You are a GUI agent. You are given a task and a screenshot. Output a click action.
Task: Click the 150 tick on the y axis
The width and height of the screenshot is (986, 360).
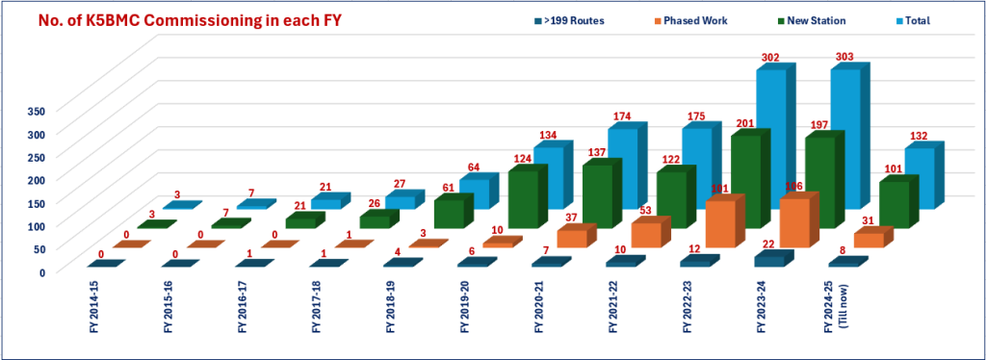click(x=37, y=202)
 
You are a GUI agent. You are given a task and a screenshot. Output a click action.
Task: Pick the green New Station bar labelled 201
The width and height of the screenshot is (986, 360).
click(x=747, y=183)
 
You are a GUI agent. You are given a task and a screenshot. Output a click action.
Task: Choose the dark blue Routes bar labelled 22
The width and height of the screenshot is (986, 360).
click(x=768, y=260)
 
